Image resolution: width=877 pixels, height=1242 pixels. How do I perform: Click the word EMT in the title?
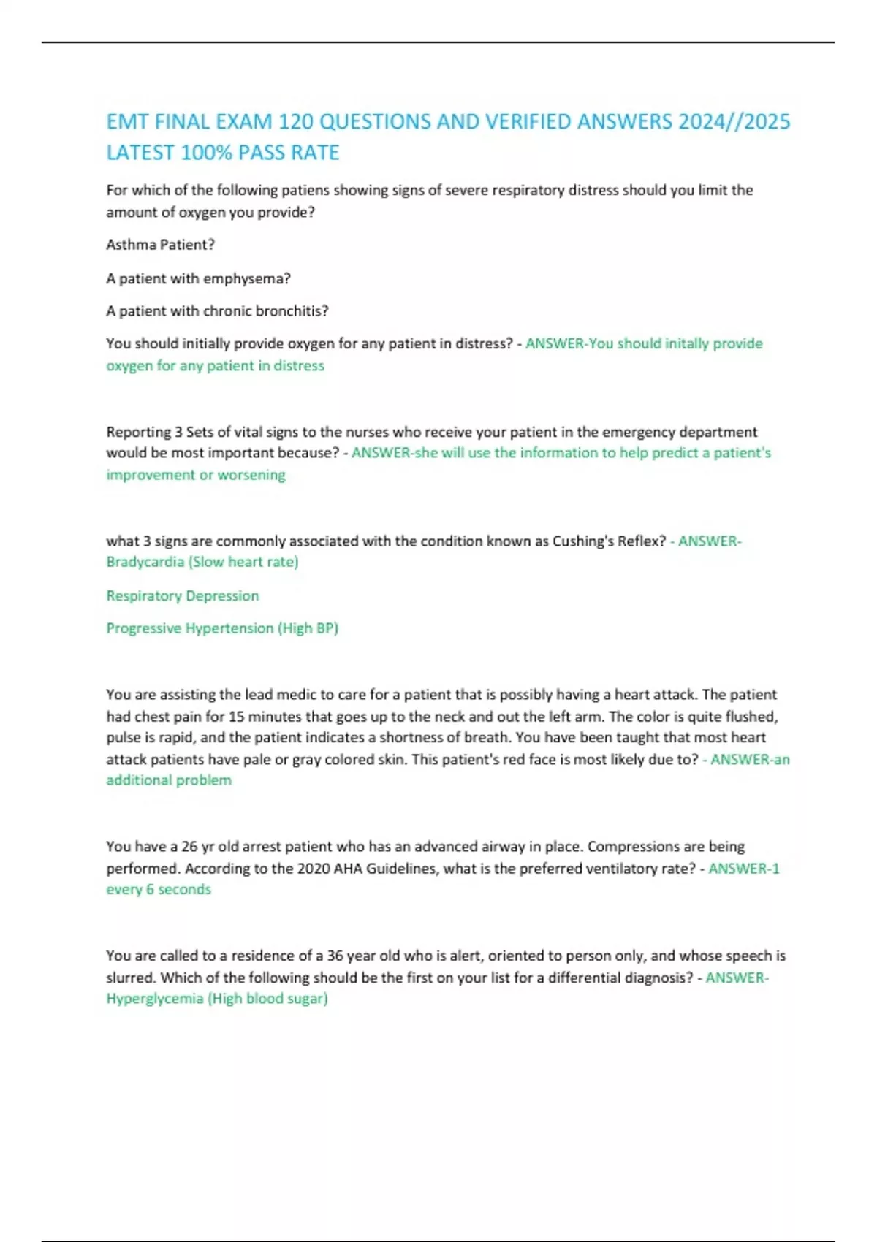(128, 121)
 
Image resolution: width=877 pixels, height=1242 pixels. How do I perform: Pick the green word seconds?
(184, 890)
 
